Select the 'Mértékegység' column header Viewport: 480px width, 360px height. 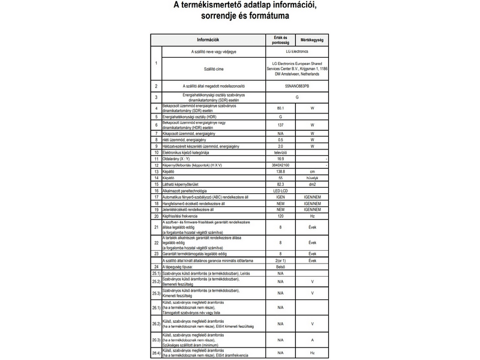[x=312, y=40]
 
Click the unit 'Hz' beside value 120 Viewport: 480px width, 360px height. [x=312, y=216]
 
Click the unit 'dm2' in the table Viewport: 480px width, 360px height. [x=312, y=184]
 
